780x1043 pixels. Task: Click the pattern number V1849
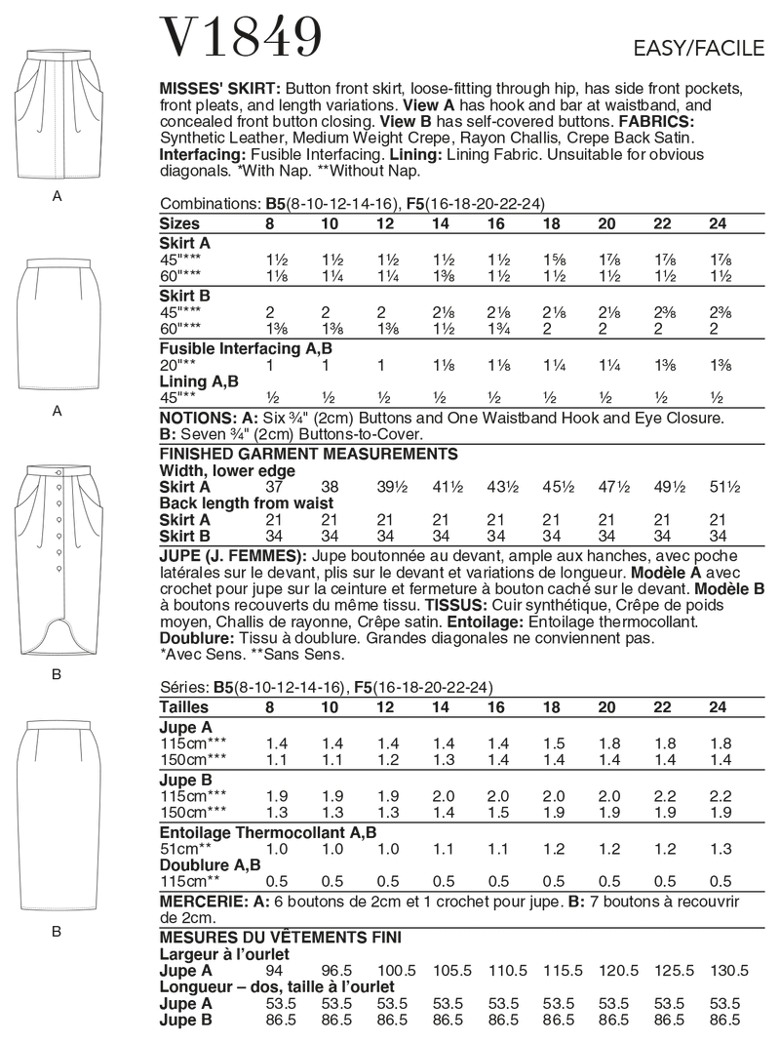point(240,37)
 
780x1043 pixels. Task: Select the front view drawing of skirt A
point(57,116)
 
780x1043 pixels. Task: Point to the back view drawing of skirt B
point(57,811)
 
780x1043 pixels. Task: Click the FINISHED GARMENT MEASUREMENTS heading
point(307,454)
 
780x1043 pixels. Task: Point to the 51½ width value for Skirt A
point(718,485)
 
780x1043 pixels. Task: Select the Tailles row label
point(183,706)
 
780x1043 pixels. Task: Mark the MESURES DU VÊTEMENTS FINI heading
point(281,938)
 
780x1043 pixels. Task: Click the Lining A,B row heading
point(196,381)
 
